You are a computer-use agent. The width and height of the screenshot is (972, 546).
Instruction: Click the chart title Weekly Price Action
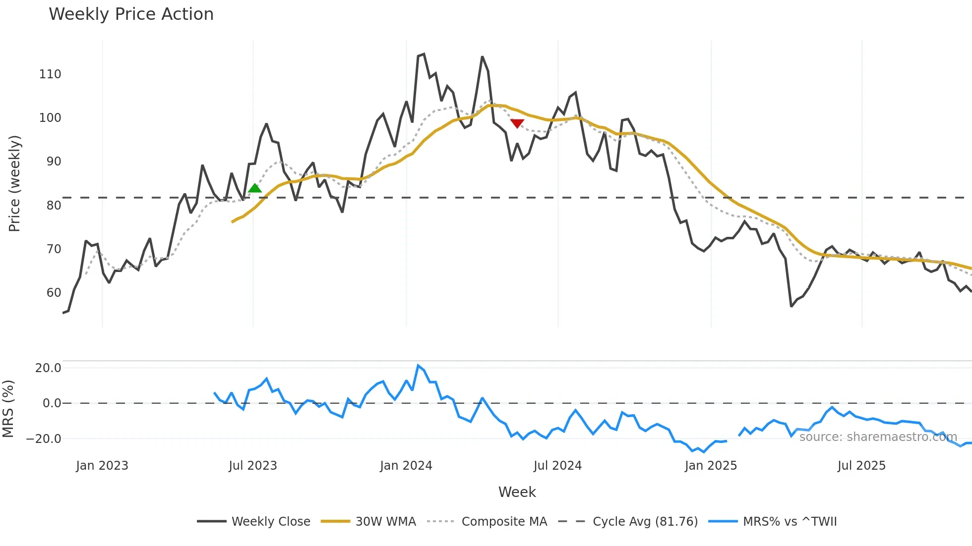point(131,14)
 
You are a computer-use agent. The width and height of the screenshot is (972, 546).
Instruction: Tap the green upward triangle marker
point(254,188)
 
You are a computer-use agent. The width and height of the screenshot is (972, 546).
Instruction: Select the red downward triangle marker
point(517,123)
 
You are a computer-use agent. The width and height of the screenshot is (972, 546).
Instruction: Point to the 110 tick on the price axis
point(50,74)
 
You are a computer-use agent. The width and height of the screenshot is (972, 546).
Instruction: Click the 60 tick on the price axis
point(54,293)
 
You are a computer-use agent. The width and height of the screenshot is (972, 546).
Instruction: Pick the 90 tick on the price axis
point(54,162)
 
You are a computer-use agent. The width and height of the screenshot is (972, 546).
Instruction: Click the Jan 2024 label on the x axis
point(406,466)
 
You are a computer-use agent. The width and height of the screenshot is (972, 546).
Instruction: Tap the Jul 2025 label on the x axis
point(861,466)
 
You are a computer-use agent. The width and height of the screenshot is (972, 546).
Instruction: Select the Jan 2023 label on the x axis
point(102,466)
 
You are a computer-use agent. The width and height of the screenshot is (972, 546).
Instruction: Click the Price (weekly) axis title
point(14,183)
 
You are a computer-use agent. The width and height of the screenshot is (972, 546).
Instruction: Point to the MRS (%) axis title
point(8,409)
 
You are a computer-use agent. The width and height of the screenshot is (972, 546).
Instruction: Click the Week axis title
point(517,492)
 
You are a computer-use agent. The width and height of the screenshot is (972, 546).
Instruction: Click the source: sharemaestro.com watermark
point(878,437)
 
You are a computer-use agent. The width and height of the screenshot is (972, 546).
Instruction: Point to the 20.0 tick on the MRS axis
point(48,368)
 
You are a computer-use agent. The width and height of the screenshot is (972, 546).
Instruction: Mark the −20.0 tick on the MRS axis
point(44,439)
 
